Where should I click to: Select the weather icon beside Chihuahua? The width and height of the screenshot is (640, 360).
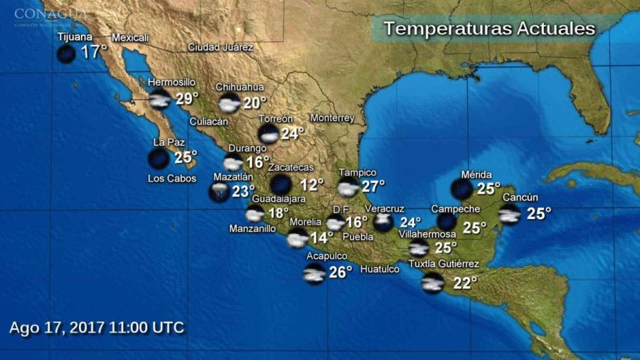(229, 103)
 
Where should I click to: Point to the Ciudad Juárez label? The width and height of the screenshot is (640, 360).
(220, 48)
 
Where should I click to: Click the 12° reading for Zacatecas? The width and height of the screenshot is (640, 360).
(311, 185)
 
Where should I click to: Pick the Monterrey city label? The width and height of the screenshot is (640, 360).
(332, 118)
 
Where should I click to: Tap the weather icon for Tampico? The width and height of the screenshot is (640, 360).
(348, 188)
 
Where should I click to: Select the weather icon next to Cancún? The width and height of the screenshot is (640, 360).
(509, 214)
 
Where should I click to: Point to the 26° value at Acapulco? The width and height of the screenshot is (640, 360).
(341, 272)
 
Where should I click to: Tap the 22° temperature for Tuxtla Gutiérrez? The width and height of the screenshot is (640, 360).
(465, 283)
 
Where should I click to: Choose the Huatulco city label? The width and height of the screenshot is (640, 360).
(380, 269)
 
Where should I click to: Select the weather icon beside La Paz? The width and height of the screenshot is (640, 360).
(159, 159)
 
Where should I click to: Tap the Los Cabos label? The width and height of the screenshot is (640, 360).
(172, 179)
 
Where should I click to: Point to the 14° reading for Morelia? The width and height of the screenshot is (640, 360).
(321, 238)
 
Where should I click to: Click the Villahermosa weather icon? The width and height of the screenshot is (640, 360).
(418, 248)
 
